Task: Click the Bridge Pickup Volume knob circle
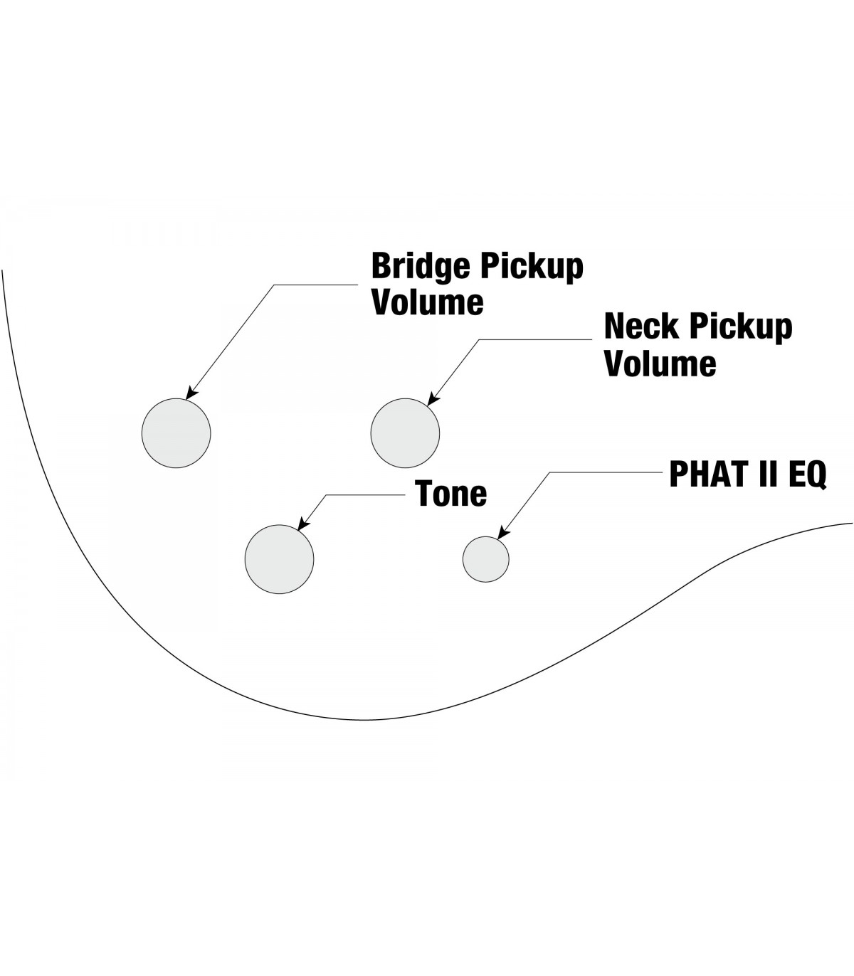(176, 433)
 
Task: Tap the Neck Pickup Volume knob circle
(405, 433)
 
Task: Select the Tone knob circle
(279, 559)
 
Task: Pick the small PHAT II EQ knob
(486, 559)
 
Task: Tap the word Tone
(451, 493)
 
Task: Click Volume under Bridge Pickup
(428, 302)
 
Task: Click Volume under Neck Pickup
(660, 364)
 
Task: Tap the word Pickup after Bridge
(532, 267)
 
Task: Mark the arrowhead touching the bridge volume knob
(190, 393)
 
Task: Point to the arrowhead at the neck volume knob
(431, 401)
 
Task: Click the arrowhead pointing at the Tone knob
(302, 525)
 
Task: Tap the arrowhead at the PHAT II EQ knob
(502, 534)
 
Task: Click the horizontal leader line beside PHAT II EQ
(605, 472)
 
